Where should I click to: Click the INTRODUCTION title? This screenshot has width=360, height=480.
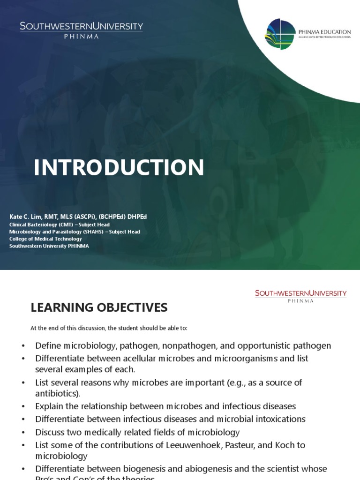(x=119, y=168)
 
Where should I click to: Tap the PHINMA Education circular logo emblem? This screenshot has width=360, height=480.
(x=280, y=34)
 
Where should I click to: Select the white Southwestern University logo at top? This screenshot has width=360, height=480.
(x=81, y=30)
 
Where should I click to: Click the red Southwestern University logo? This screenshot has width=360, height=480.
(x=300, y=296)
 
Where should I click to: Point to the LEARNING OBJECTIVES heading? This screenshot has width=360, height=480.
(x=99, y=307)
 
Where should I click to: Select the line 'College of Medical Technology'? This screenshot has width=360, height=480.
(x=45, y=239)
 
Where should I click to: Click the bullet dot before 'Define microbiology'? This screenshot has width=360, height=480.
(x=23, y=346)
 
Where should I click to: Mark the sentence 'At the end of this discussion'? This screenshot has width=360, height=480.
(x=109, y=328)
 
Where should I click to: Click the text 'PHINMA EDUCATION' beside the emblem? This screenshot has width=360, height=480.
(x=324, y=32)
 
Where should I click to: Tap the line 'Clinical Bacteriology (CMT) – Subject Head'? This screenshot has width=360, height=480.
(x=60, y=225)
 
